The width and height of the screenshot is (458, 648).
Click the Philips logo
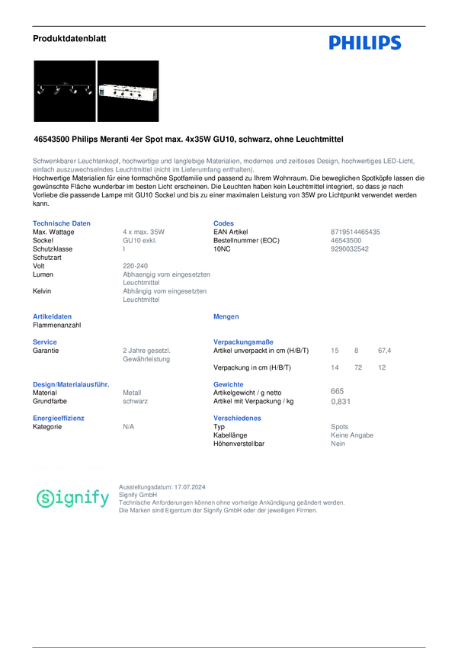pos(365,43)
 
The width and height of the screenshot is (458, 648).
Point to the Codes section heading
pos(224,223)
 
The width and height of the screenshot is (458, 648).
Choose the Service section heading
pos(45,342)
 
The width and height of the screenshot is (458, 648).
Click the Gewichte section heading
pos(229,383)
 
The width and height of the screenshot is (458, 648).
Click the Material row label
pos(46,392)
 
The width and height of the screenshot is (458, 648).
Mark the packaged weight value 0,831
pos(341,400)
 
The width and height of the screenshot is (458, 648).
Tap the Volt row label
pos(40,265)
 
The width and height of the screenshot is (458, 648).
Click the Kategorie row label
pos(47,427)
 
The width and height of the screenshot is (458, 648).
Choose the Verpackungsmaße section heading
pos(244,342)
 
